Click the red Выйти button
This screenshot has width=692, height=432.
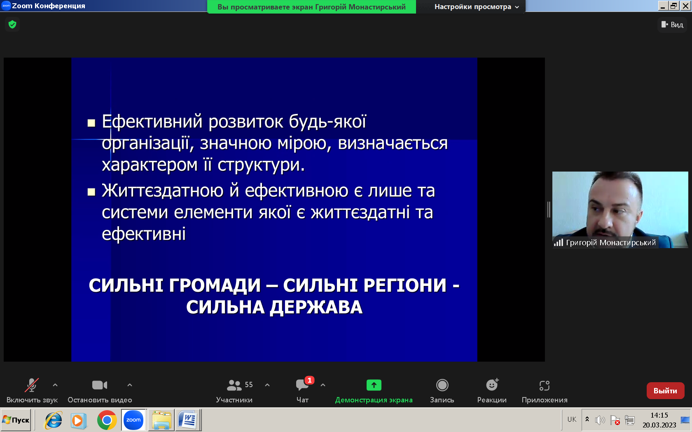pos(665,391)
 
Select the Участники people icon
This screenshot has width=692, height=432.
pos(234,385)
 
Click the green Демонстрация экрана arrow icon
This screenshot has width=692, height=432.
pos(374,385)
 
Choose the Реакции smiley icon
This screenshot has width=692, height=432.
pos(492,385)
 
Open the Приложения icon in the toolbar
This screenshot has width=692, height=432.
pos(545,385)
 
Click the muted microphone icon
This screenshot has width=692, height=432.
pos(31,385)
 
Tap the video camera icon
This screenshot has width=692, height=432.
pos(100,385)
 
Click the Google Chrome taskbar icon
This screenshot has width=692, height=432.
pos(107,420)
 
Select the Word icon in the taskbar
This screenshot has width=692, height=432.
pos(188,420)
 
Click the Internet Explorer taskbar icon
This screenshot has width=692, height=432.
pos(53,420)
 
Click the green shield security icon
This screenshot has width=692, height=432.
pos(12,24)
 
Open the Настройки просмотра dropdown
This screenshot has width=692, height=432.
pos(476,7)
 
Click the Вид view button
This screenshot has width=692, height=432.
pos(672,25)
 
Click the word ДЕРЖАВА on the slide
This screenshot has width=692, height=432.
pos(316,307)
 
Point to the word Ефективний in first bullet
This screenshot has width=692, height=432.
pos(152,121)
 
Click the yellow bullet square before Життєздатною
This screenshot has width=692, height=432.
pos(91,192)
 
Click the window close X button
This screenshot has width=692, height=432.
pos(685,6)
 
